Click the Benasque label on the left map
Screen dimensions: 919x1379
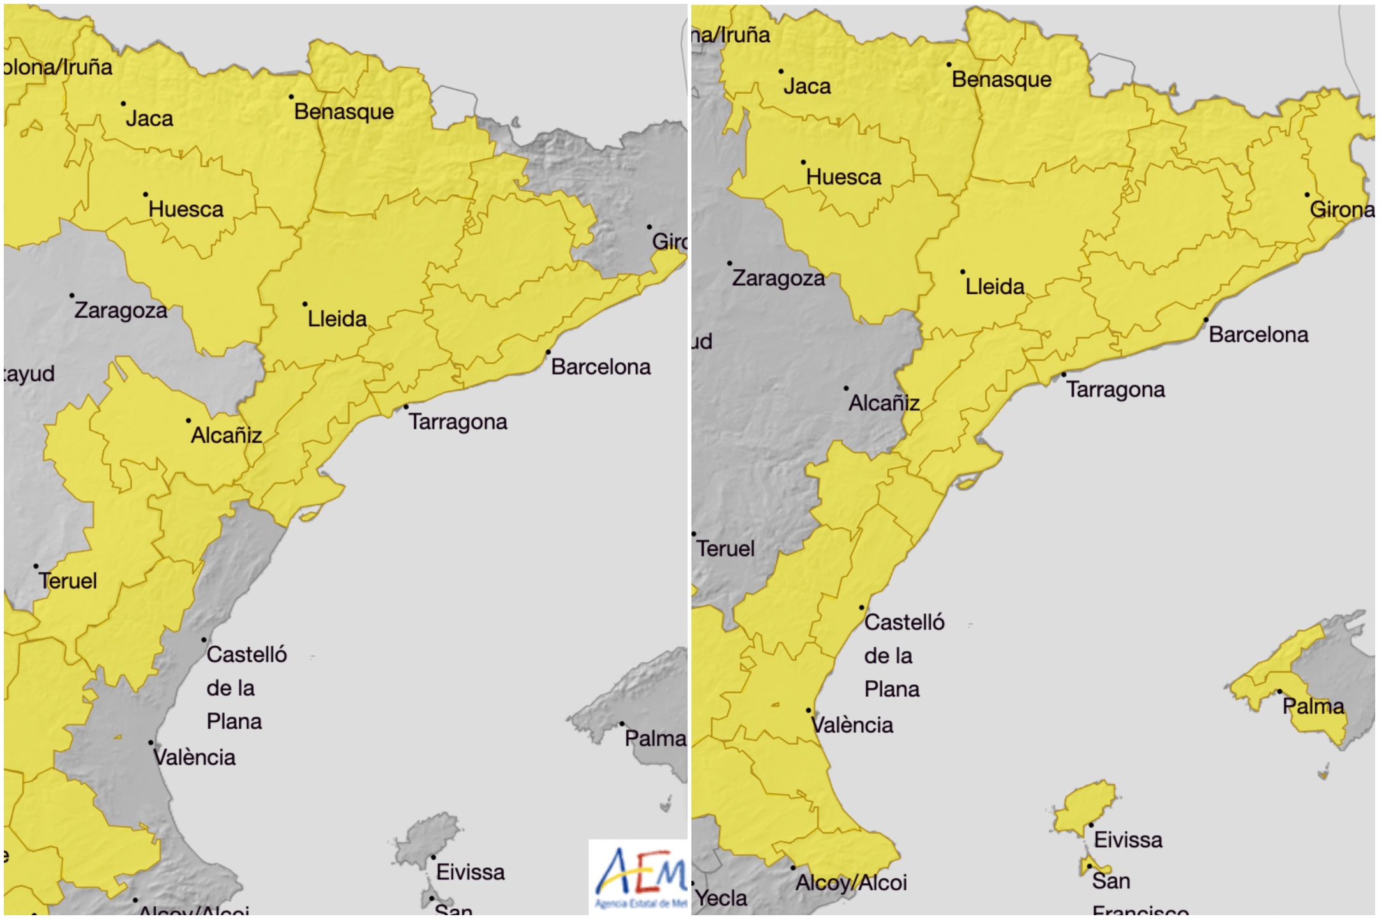343,112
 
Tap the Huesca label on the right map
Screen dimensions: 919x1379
843,177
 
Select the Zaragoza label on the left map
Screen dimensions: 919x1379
121,310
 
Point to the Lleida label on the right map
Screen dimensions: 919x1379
995,287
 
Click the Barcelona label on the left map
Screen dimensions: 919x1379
601,367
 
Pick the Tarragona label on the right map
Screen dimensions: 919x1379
1115,389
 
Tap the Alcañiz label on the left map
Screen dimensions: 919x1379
227,435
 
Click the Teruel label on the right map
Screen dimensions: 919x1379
725,548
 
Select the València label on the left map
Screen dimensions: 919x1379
194,758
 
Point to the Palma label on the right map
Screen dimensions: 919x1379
1313,706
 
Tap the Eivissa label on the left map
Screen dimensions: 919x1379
470,872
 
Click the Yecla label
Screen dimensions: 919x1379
721,898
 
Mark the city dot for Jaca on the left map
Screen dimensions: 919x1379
123,103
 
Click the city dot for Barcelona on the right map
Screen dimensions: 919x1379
1206,320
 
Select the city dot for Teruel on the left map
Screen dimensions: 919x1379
36,566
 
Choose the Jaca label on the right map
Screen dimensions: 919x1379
807,86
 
